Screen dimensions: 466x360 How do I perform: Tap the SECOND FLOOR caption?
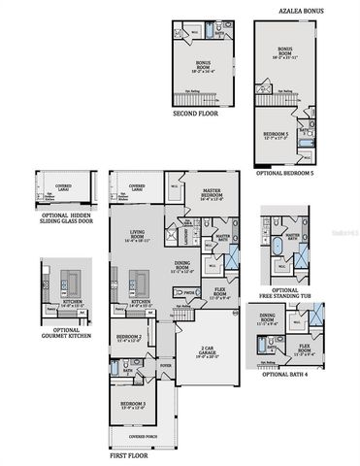[195, 113]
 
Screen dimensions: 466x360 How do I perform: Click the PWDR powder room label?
[190, 291]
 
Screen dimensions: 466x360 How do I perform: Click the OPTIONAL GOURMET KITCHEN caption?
[65, 330]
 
